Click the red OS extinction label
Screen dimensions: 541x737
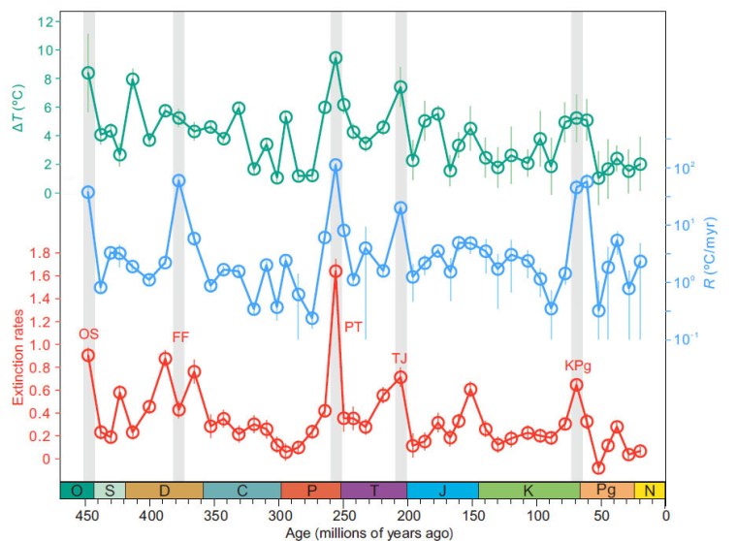[89, 334]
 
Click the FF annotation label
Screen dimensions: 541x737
[180, 336]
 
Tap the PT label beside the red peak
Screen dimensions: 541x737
[353, 327]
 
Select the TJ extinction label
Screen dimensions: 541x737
[400, 357]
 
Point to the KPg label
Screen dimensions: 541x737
[578, 366]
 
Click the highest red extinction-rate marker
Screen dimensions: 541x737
[336, 271]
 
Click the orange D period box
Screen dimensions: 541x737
[164, 491]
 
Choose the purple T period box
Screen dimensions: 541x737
[374, 491]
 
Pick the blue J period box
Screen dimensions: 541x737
[442, 491]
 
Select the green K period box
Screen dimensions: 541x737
[529, 491]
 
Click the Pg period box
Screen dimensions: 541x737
[607, 491]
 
